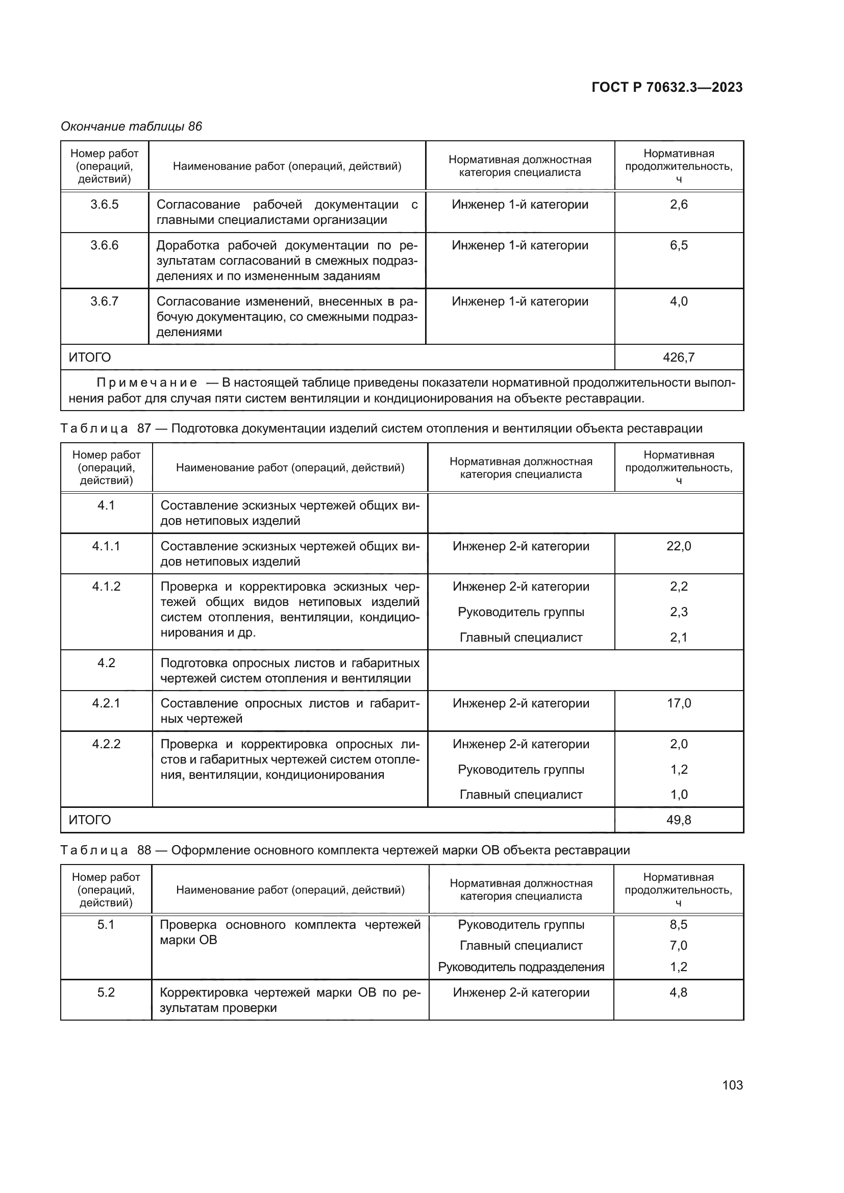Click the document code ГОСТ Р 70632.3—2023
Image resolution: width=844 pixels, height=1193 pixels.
pyautogui.click(x=667, y=87)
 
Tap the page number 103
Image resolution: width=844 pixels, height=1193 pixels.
pyautogui.click(x=732, y=1085)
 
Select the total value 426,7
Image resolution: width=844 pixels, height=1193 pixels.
pyautogui.click(x=678, y=358)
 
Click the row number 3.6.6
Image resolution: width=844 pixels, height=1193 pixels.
pyautogui.click(x=105, y=245)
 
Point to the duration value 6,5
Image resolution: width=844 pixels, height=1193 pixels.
pyautogui.click(x=678, y=245)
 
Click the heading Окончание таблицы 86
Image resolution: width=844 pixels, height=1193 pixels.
pyautogui.click(x=132, y=126)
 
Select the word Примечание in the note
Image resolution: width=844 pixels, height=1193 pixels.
pyautogui.click(x=147, y=383)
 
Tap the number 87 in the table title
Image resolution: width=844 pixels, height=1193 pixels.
pyautogui.click(x=144, y=428)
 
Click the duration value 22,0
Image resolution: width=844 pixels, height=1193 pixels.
pyautogui.click(x=678, y=546)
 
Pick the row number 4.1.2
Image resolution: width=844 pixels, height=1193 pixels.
pyautogui.click(x=106, y=587)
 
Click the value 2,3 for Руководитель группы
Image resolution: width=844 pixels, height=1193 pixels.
pyautogui.click(x=678, y=612)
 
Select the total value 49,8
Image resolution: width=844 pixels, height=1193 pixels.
pyautogui.click(x=678, y=820)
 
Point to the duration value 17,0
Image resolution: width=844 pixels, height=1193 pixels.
pyautogui.click(x=678, y=703)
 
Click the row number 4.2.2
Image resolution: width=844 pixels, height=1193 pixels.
pyautogui.click(x=106, y=744)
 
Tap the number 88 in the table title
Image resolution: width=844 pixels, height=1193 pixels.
pyautogui.click(x=144, y=850)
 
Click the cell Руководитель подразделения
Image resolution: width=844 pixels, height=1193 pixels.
pyautogui.click(x=521, y=967)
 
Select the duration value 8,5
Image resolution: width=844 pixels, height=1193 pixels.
pyautogui.click(x=678, y=925)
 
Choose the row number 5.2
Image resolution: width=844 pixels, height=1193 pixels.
pyautogui.click(x=106, y=993)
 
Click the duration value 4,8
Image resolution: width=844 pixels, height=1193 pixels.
pyautogui.click(x=678, y=993)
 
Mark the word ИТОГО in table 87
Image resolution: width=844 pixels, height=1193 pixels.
pyautogui.click(x=90, y=820)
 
